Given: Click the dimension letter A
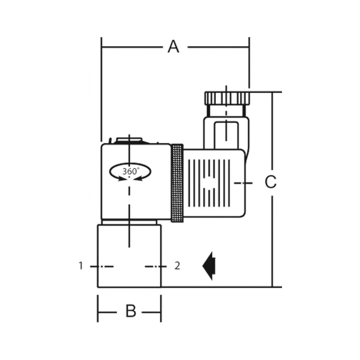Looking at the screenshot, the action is pyautogui.click(x=174, y=47).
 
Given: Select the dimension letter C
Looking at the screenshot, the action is pyautogui.click(x=271, y=182).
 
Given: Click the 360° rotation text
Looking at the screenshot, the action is pyautogui.click(x=131, y=171).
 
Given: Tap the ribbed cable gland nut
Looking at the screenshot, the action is pyautogui.click(x=227, y=98).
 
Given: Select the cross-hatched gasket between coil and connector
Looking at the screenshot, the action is pyautogui.click(x=177, y=183).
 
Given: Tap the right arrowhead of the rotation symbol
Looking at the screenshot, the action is pyautogui.click(x=138, y=179).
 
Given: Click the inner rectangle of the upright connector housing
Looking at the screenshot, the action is pyautogui.click(x=226, y=135).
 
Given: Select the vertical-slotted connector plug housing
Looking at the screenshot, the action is pyautogui.click(x=214, y=183).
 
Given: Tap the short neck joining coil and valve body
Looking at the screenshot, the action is pyautogui.click(x=129, y=222).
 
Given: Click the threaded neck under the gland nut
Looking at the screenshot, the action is pyautogui.click(x=226, y=111).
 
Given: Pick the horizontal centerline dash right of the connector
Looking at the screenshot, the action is pyautogui.click(x=243, y=183).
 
